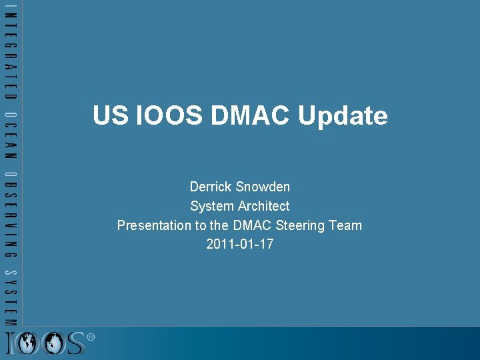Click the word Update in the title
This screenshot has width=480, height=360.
tap(343, 117)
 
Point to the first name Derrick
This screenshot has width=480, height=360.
tap(210, 187)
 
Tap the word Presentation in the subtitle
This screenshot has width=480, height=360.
tap(154, 225)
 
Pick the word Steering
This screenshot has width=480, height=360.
tap(301, 226)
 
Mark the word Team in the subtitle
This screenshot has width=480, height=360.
tap(345, 225)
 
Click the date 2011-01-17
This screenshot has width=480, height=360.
tap(240, 244)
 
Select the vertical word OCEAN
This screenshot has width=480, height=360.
tap(11, 135)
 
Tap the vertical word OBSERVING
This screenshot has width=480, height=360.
tap(11, 215)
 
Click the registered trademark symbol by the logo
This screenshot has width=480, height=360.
tap(91, 337)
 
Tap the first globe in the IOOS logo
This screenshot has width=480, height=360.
tap(29, 343)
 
